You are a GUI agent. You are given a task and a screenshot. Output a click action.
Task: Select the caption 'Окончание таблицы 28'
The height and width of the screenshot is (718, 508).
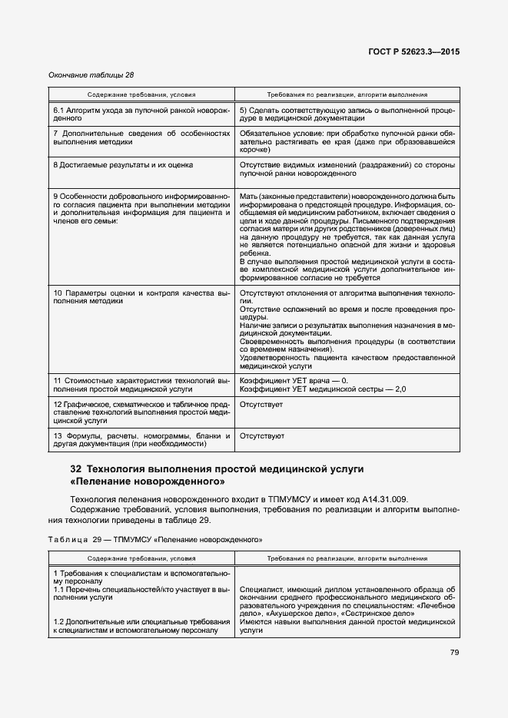(91, 74)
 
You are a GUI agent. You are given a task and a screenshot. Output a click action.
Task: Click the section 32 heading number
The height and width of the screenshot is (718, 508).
(75, 468)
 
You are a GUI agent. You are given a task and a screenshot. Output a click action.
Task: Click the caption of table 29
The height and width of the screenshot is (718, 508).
(154, 539)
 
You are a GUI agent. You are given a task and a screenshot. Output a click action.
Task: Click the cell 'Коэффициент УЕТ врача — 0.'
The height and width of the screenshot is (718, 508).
(294, 381)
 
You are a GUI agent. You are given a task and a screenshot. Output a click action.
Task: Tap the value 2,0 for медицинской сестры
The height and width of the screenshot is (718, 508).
(400, 390)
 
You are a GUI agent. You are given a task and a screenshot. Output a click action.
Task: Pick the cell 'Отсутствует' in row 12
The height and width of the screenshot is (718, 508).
(261, 404)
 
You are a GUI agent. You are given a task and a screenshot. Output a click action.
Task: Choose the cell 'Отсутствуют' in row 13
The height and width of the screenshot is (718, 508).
(262, 436)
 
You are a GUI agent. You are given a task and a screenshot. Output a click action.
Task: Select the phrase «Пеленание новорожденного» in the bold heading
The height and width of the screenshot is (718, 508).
(148, 482)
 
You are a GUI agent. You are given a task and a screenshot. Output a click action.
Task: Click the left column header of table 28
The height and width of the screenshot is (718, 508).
(141, 94)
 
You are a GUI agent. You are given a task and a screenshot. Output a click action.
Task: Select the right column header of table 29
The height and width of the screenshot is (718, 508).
(347, 559)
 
